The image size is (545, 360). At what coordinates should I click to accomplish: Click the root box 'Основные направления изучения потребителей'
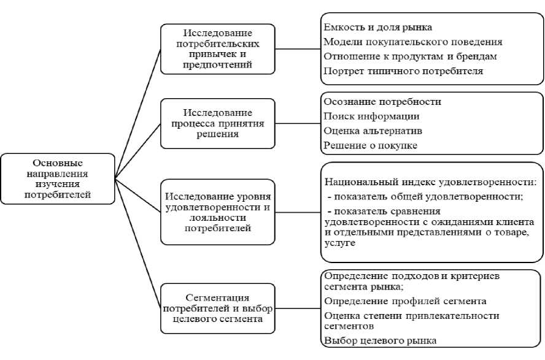[x=57, y=179]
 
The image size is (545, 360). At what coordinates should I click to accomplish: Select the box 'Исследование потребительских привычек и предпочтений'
[x=218, y=48]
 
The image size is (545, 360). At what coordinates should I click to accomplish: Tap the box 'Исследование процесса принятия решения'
[x=218, y=124]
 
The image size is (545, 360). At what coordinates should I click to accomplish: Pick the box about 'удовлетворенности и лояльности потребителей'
[x=218, y=212]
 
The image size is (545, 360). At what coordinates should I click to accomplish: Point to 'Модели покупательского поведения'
[x=413, y=42]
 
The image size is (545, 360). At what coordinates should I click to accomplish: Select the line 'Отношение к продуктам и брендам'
[x=410, y=57]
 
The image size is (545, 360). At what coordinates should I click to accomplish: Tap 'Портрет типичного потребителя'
[x=403, y=72]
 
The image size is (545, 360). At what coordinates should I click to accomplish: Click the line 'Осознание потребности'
[x=382, y=101]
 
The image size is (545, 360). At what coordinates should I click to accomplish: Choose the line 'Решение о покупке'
[x=370, y=145]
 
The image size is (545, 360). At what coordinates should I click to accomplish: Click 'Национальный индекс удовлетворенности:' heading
[x=431, y=182]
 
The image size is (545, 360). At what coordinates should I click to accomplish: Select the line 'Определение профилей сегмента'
[x=405, y=301]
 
